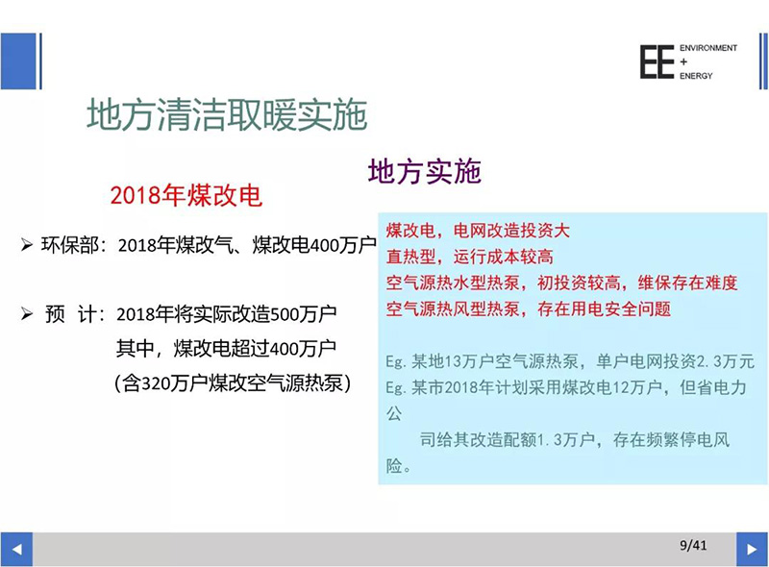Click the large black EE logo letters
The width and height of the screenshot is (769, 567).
click(x=657, y=62)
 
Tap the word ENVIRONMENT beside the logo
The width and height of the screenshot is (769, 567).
click(x=708, y=48)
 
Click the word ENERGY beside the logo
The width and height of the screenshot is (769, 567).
click(x=696, y=76)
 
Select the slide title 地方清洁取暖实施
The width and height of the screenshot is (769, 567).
click(x=227, y=114)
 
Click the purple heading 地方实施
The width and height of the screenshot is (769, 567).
click(x=425, y=172)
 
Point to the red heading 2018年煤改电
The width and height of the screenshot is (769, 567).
click(x=186, y=196)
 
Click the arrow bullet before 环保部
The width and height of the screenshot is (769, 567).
click(x=27, y=244)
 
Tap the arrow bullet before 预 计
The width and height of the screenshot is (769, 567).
click(x=27, y=313)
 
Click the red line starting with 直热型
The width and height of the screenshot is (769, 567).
click(x=469, y=257)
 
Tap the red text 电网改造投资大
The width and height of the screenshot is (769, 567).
click(x=511, y=230)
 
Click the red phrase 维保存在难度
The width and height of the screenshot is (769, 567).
click(x=687, y=283)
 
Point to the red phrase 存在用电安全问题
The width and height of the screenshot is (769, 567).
click(x=604, y=309)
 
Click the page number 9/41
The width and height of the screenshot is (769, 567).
click(x=693, y=545)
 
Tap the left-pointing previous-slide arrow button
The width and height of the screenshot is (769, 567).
click(x=16, y=550)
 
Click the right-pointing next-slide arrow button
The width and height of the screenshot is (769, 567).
click(x=752, y=550)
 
